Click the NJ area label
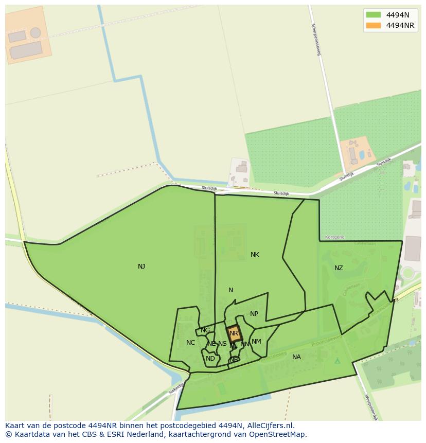tap(141, 267)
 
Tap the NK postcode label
tap(255, 255)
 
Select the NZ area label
tap(339, 268)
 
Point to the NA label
tap(296, 357)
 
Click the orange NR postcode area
tap(234, 333)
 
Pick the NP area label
tap(254, 314)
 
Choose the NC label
tap(190, 343)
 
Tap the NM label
tap(256, 342)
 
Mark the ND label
tap(210, 359)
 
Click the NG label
tap(205, 330)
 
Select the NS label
tap(222, 344)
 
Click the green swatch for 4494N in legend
tap(373, 14)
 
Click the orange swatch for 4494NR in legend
tap(373, 25)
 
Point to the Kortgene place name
tap(335, 237)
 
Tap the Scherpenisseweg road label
tap(316, 39)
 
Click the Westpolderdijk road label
tap(371, 408)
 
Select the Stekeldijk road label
tap(176, 388)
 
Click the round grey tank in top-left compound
tap(35, 33)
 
